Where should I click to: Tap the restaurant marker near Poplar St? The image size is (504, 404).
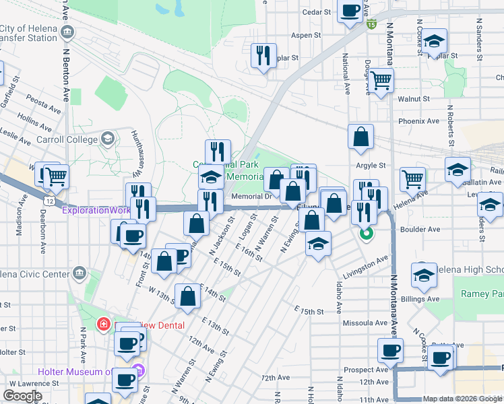(263, 55)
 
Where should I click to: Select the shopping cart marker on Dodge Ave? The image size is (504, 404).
(381, 81)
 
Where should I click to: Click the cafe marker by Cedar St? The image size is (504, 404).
(350, 11)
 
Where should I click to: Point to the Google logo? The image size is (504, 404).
(22, 396)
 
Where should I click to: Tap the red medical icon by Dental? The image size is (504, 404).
(104, 325)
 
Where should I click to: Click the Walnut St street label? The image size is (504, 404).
(413, 98)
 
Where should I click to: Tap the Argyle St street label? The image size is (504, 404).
(371, 165)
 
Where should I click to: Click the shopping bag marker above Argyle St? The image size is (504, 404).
(361, 137)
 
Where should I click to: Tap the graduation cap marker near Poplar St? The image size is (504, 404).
(435, 42)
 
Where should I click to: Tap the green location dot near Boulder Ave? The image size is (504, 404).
(366, 235)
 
